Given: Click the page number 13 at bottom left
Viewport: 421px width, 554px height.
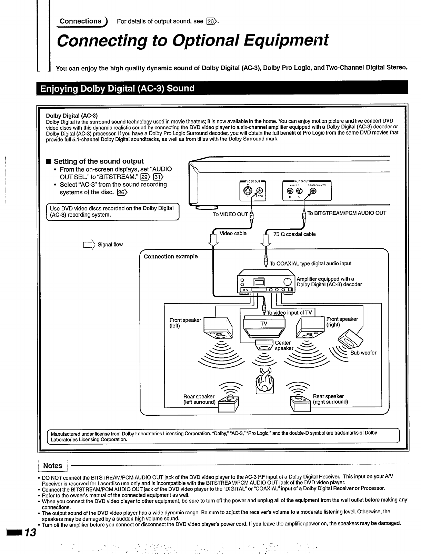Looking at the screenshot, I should click(x=31, y=533).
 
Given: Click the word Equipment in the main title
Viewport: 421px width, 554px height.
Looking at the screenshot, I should click(x=283, y=41).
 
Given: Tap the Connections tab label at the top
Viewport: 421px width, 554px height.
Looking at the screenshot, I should click(x=81, y=21).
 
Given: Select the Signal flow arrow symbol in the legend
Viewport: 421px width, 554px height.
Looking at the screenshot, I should click(x=88, y=245).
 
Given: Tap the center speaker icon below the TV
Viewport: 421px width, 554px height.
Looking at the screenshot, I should click(x=264, y=345).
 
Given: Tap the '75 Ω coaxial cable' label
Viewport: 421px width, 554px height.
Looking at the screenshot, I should click(x=294, y=234).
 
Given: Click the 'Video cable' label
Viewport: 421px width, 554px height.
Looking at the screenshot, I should click(x=233, y=234).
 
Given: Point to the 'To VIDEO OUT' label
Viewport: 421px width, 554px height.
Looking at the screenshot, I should click(x=230, y=214).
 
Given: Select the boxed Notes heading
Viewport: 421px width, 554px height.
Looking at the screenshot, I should click(x=52, y=466).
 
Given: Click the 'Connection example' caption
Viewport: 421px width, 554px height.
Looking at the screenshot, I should click(x=171, y=257).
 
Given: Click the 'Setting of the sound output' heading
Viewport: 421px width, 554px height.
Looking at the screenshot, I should click(x=99, y=161).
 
